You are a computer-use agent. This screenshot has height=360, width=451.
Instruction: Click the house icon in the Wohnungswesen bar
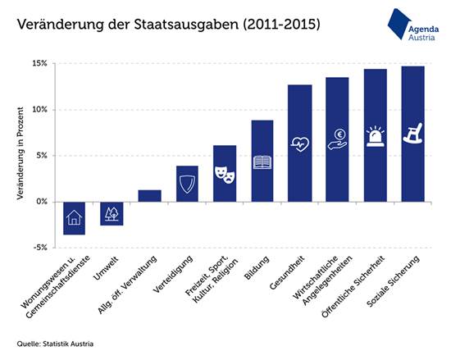(x=74, y=218)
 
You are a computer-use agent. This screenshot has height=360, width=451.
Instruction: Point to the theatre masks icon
(x=224, y=173)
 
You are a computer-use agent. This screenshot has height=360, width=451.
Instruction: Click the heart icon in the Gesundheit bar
(x=299, y=144)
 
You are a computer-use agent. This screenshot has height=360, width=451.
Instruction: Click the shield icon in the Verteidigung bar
(x=187, y=185)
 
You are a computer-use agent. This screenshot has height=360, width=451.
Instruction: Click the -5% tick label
(x=38, y=247)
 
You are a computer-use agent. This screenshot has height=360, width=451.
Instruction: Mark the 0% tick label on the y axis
(x=41, y=201)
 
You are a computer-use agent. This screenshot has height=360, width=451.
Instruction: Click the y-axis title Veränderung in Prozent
(x=19, y=154)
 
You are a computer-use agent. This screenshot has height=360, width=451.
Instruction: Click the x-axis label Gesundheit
(x=288, y=276)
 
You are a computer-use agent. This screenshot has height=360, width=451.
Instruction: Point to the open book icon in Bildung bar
(x=262, y=162)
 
